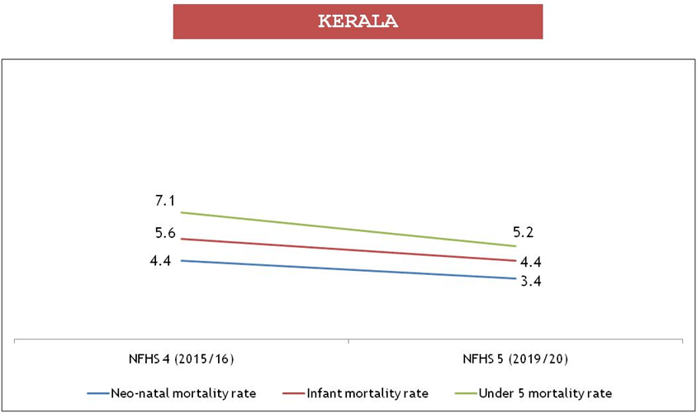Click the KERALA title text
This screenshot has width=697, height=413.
tap(358, 21)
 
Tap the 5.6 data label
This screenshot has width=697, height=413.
tap(165, 233)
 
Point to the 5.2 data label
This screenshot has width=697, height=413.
tap(529, 232)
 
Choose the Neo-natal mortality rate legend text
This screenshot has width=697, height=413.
tap(183, 392)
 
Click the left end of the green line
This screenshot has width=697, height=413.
tap(181, 212)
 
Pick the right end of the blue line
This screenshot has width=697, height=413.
tap(515, 278)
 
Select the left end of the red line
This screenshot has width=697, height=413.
tap(181, 239)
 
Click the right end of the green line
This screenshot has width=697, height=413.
tap(515, 246)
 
